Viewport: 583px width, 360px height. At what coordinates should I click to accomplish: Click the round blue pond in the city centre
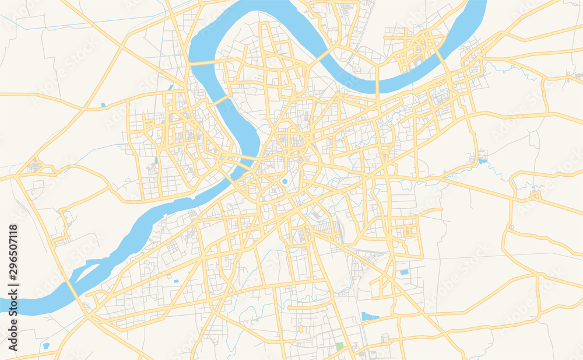285,181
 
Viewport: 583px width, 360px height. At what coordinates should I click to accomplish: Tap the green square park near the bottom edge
340,347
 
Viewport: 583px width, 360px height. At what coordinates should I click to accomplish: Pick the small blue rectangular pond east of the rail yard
404,272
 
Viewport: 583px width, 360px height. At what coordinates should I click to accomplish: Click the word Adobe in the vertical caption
13,335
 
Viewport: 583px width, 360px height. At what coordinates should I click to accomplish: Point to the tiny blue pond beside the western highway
103,105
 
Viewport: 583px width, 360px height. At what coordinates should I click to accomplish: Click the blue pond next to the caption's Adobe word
46,345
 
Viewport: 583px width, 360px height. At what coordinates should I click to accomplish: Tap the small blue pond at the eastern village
483,159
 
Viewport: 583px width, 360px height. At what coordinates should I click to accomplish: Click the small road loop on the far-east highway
535,194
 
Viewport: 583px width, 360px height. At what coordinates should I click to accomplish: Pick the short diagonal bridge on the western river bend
220,100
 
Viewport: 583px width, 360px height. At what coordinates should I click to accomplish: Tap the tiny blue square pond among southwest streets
176,281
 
